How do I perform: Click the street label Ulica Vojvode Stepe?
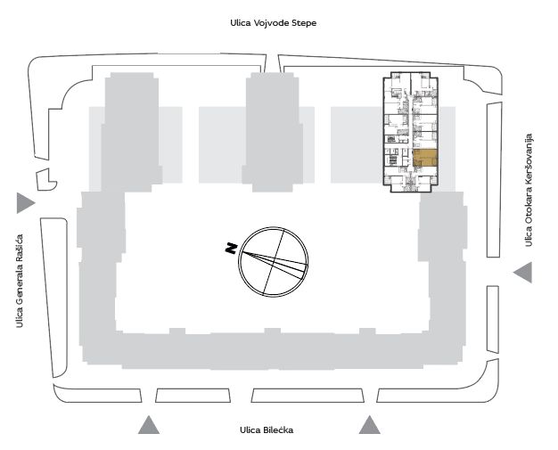274,23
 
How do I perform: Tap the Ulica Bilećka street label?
267,430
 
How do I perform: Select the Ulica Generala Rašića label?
20,281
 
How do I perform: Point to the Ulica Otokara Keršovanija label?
529,190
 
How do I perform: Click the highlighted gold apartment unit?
425,159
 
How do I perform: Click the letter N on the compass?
232,249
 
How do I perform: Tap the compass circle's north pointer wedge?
274,265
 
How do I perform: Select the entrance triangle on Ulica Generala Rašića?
25,203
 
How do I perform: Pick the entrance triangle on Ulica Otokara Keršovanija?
523,273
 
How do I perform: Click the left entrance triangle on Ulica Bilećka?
149,425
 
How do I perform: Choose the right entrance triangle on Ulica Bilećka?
369,425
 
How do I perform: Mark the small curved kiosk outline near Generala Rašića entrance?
46,179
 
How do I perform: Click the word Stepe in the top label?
304,23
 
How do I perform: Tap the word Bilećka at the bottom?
278,430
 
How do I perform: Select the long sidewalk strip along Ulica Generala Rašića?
54,297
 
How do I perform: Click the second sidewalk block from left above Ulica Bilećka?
193,396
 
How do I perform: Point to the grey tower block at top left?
132,132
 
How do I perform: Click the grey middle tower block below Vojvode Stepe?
273,132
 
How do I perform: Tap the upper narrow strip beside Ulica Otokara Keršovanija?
494,180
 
